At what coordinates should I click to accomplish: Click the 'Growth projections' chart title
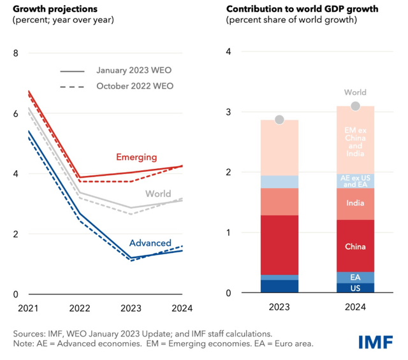[57, 8]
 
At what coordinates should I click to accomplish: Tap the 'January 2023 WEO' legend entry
[134, 70]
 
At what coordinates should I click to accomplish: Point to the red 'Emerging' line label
[136, 157]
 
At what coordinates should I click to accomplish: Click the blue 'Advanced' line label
[150, 243]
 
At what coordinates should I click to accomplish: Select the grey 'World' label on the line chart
[158, 194]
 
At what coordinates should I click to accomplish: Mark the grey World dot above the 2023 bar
[279, 120]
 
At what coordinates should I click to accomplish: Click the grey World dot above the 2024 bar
[355, 106]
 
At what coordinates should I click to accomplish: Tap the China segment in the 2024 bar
[355, 246]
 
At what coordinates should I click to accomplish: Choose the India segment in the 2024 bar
[355, 204]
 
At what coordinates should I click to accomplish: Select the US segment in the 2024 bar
[355, 288]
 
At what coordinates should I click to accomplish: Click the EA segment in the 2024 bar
[355, 277]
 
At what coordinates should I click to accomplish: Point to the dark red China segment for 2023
[279, 245]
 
